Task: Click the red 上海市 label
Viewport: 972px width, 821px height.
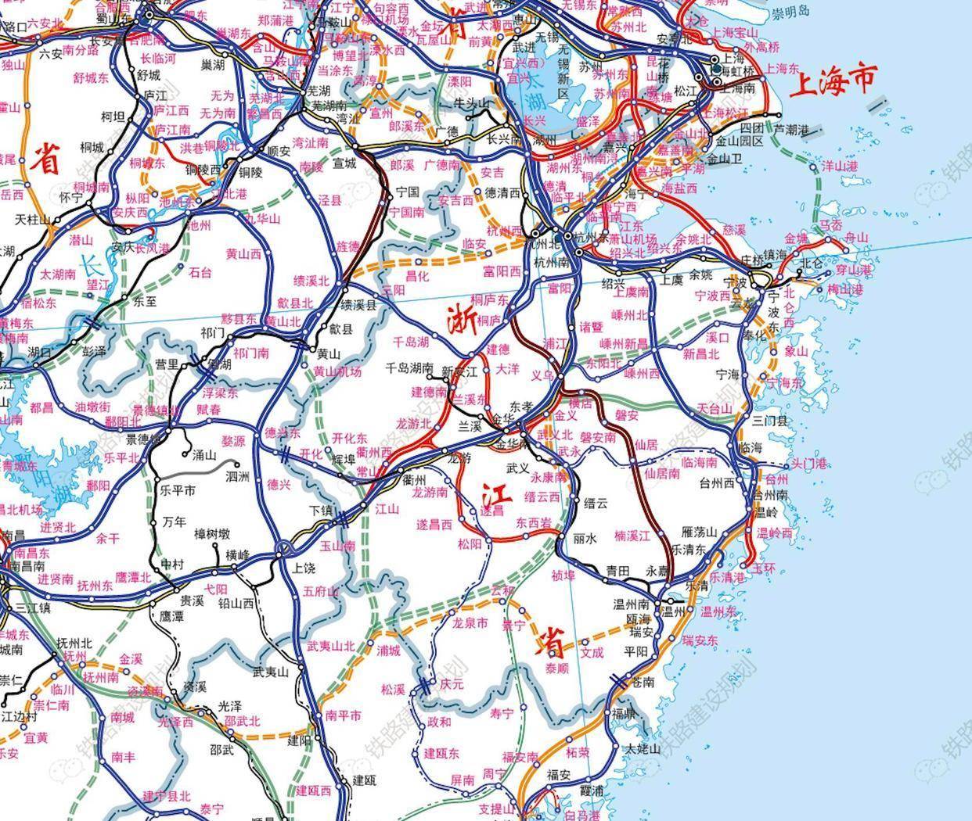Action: coord(833,79)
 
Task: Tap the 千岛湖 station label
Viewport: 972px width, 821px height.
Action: coord(411,342)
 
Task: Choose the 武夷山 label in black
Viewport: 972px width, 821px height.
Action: coord(271,672)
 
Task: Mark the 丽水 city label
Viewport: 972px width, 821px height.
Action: coord(585,539)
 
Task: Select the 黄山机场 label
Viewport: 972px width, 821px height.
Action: coord(337,372)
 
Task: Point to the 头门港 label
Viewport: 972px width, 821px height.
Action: coord(808,464)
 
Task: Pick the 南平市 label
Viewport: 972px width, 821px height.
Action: coord(344,715)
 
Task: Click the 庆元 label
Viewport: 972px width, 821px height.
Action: coord(452,683)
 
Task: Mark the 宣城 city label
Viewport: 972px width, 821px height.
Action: coord(344,163)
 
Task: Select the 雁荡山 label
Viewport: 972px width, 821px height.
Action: coord(700,532)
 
